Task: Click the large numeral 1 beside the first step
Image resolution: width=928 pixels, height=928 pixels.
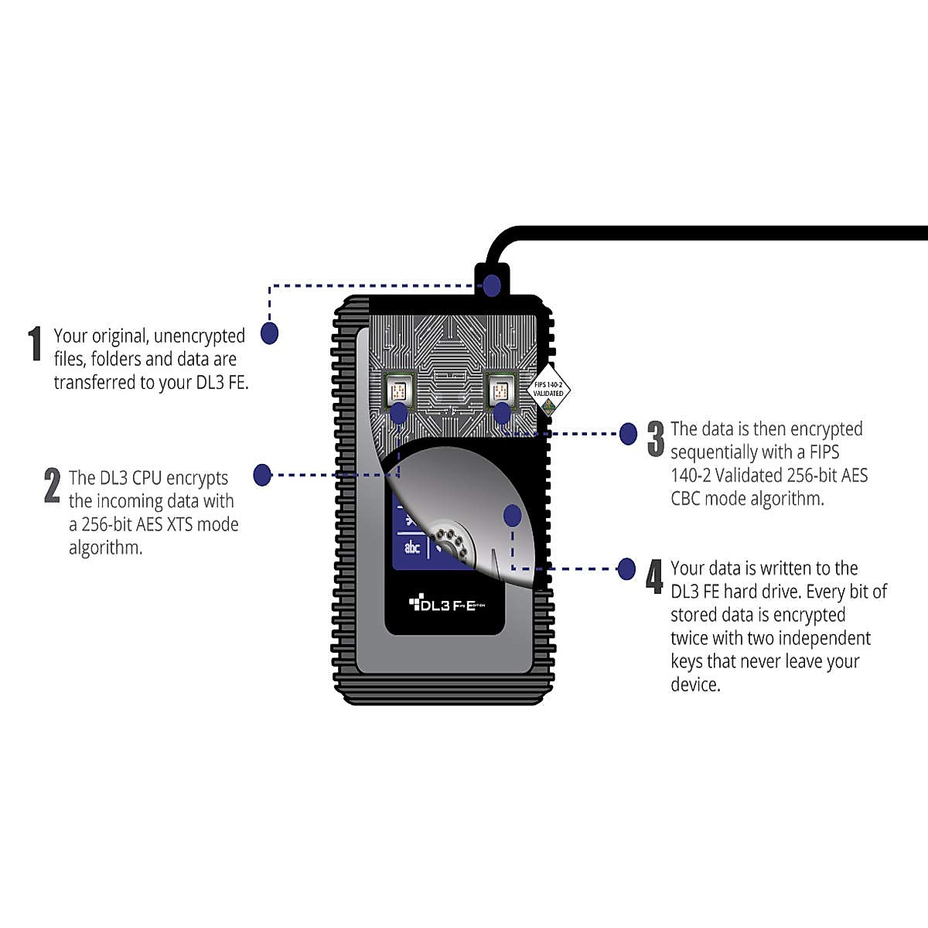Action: [35, 343]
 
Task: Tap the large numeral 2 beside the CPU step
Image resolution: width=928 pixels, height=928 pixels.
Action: [52, 486]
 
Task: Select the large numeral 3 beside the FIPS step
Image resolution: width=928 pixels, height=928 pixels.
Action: [656, 438]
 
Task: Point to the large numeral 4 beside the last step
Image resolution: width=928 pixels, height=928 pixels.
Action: [654, 577]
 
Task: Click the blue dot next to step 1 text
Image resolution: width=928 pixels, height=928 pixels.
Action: [269, 333]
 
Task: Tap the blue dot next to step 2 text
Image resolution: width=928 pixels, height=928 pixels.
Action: [262, 474]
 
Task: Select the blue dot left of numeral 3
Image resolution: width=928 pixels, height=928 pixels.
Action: [628, 433]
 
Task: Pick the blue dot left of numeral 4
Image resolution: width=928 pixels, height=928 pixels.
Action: [627, 569]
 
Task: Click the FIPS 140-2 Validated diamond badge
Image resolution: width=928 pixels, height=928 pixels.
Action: [548, 389]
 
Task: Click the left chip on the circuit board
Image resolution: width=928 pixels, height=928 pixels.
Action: [399, 390]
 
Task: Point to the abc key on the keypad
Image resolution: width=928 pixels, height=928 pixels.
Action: [412, 547]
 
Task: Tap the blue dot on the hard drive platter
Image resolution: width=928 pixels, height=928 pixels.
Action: [512, 515]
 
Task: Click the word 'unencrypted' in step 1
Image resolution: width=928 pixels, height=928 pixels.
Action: [199, 336]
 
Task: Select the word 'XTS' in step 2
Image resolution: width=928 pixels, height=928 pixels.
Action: [179, 524]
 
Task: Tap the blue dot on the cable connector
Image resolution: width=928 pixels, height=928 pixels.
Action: [493, 286]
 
